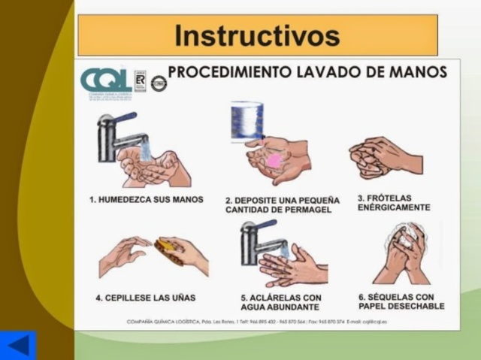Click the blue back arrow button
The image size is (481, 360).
coord(17,345)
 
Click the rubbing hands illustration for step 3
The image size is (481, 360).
coord(384,156)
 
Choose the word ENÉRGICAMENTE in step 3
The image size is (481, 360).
coord(394,207)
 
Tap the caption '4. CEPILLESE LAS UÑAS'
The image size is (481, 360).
coord(145,298)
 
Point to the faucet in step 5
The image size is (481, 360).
coord(257,241)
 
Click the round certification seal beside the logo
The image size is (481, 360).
coord(158,83)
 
